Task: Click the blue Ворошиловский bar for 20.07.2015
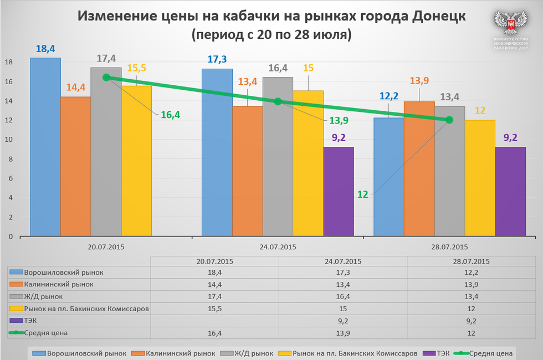[x=45, y=147]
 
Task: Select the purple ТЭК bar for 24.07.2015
[x=339, y=192]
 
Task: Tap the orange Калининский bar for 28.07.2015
[x=419, y=169]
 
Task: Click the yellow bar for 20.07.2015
[x=136, y=161]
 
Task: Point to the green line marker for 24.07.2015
[x=278, y=101]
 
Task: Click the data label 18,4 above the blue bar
[x=45, y=49]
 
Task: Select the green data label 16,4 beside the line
[x=170, y=115]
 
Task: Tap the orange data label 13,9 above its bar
[x=419, y=81]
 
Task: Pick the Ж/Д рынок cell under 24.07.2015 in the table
[x=342, y=296]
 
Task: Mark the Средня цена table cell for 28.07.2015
[x=470, y=332]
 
